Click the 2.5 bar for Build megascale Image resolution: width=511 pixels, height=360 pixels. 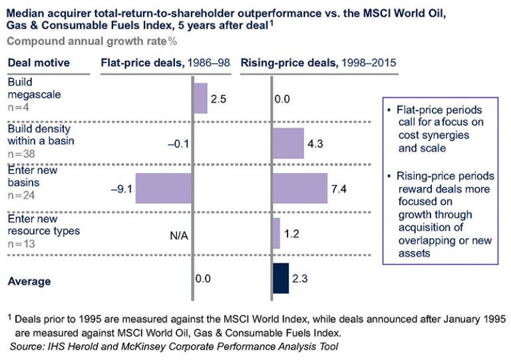click(x=200, y=98)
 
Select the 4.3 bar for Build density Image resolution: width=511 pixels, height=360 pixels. click(x=288, y=143)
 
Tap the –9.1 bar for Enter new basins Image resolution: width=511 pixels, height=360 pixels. click(x=164, y=188)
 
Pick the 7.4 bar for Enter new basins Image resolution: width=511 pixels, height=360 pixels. click(x=300, y=188)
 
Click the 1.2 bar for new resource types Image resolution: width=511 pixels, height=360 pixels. click(x=276, y=233)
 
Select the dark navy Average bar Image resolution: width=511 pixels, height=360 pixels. click(x=280, y=278)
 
